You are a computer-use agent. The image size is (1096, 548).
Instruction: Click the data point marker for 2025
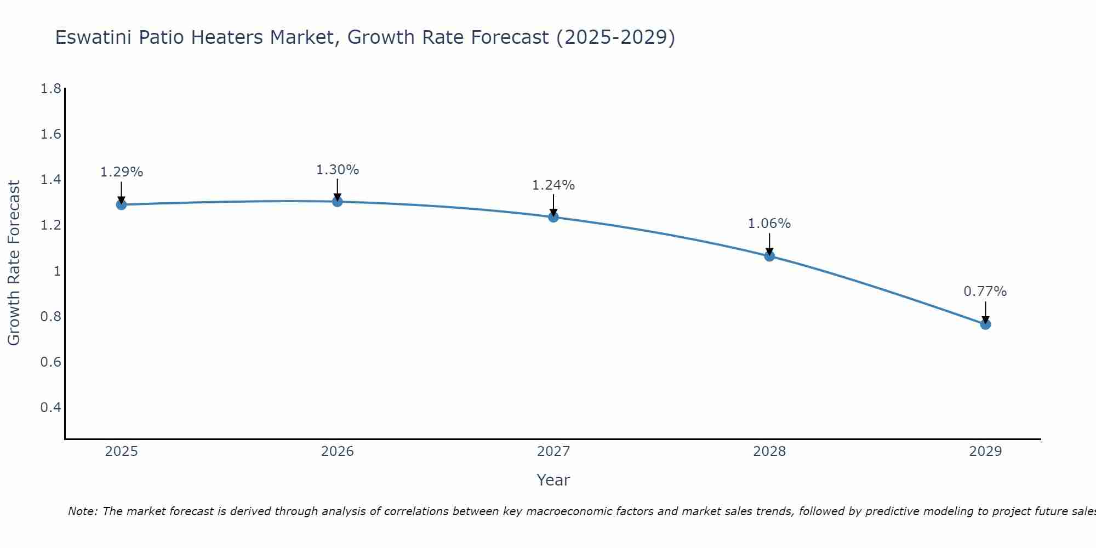coord(121,205)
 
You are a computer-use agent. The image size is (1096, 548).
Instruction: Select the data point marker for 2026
coord(338,202)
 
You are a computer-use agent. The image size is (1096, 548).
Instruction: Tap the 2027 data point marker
coord(553,217)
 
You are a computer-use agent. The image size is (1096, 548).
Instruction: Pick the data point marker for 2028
coord(769,256)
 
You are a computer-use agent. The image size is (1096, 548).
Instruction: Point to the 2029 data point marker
coord(985,324)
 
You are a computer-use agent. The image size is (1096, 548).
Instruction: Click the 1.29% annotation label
coord(121,172)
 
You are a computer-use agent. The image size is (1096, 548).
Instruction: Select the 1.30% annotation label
coord(338,170)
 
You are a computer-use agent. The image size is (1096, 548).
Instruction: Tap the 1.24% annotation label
coord(553,185)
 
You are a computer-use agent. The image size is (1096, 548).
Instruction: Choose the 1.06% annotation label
coord(769,224)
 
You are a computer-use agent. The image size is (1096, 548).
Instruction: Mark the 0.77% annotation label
coord(985,292)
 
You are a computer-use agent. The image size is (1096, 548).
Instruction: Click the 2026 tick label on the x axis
coord(338,452)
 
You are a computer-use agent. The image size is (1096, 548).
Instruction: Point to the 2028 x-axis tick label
coord(769,452)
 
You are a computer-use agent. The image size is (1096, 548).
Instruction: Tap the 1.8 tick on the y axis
coord(50,89)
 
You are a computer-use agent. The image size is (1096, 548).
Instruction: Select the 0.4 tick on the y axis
coord(50,408)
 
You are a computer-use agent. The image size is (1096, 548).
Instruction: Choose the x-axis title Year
coord(553,480)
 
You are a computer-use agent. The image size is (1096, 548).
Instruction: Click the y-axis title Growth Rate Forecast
coord(14,263)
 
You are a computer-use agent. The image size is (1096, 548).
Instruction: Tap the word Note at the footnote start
coord(82,511)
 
